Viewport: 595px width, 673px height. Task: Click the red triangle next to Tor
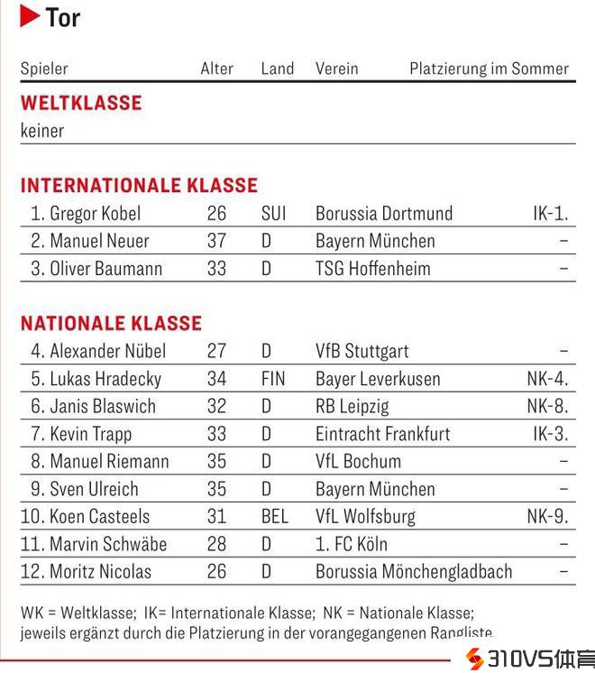[30, 16]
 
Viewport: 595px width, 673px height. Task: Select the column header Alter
[216, 69]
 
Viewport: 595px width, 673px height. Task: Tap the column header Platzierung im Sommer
[489, 69]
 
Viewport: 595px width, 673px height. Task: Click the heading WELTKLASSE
[81, 103]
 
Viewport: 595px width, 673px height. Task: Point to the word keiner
[42, 131]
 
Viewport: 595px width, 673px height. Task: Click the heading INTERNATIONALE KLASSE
[139, 186]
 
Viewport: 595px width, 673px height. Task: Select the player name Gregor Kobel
[95, 214]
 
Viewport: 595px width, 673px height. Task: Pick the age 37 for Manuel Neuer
[216, 241]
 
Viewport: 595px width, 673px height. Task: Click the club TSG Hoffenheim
[372, 268]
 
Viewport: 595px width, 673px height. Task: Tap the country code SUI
[273, 214]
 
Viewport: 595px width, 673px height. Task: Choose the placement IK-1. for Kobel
[550, 214]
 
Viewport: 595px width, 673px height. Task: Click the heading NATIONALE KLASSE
[111, 323]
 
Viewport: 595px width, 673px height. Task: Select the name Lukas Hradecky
[105, 379]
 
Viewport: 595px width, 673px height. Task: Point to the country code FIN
[272, 379]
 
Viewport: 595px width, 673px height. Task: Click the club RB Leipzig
[352, 406]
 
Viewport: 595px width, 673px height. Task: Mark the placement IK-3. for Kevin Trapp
[550, 434]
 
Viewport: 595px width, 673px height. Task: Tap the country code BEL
[274, 517]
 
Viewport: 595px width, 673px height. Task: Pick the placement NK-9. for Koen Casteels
[547, 517]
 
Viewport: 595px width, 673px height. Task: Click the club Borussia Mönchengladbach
[413, 572]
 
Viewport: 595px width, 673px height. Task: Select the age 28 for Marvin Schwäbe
[216, 544]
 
